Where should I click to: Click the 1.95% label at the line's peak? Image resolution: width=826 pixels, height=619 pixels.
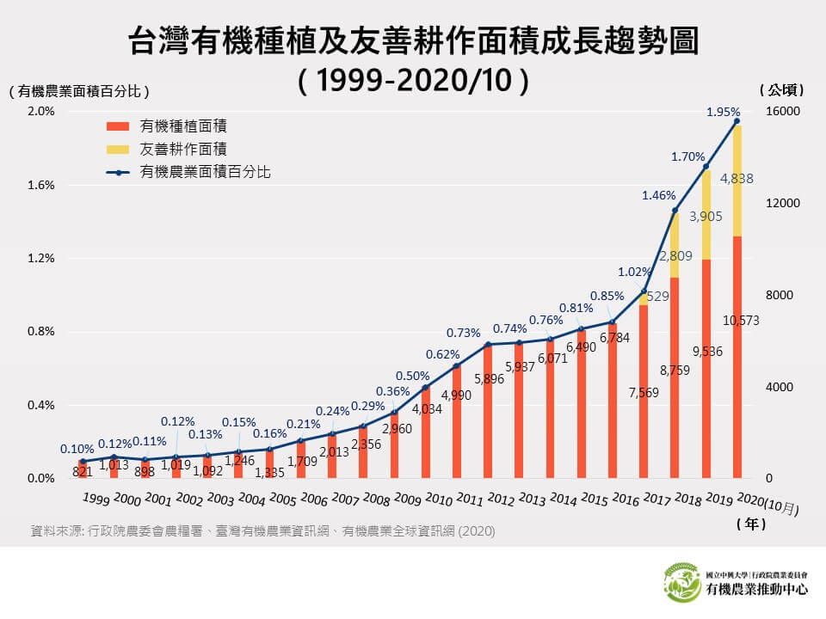(x=723, y=112)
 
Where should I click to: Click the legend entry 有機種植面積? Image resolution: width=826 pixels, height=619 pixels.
(x=177, y=126)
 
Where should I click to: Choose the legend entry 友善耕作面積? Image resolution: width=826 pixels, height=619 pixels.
(x=177, y=148)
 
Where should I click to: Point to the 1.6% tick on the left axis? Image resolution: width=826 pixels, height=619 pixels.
(x=40, y=185)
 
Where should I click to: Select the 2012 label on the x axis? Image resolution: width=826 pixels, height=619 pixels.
(x=502, y=500)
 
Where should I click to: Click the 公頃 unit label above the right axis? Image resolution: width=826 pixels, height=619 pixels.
(x=782, y=89)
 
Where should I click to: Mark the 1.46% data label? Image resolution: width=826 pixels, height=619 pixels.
(x=658, y=196)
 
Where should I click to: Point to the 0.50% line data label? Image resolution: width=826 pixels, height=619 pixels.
(x=412, y=375)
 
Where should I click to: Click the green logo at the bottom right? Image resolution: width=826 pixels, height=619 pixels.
(x=682, y=582)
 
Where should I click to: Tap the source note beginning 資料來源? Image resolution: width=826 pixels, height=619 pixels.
(x=262, y=530)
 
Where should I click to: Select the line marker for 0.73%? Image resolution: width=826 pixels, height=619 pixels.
(x=488, y=345)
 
